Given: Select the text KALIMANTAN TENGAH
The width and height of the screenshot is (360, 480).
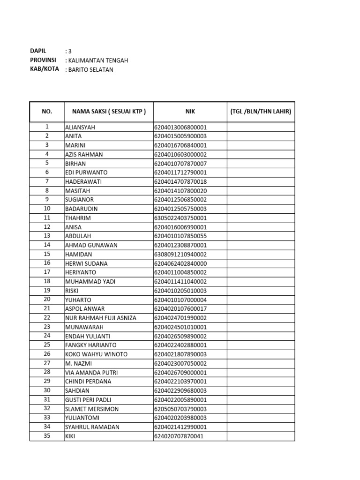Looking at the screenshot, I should click(x=98, y=60).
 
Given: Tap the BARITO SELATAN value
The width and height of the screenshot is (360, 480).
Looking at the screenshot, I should click(x=91, y=70).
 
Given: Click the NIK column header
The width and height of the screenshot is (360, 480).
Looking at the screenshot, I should click(x=190, y=112).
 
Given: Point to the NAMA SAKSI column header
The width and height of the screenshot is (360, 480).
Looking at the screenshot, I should click(x=109, y=112).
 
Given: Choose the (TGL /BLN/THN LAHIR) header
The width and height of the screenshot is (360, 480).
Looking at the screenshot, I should click(x=261, y=112).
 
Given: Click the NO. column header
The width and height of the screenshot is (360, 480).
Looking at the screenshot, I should click(x=47, y=112).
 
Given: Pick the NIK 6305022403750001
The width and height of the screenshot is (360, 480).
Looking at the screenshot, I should click(x=180, y=218).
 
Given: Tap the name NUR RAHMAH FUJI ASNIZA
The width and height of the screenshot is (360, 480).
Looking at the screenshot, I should click(x=101, y=318).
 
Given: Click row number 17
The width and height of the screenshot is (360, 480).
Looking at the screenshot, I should click(x=47, y=272).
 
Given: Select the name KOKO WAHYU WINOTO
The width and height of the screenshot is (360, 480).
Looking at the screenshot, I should click(x=96, y=354).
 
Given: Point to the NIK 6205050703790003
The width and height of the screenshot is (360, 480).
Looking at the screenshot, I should click(x=180, y=409).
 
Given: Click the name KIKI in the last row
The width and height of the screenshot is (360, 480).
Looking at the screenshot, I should click(x=70, y=436).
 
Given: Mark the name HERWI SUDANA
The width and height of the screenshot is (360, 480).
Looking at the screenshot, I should click(x=86, y=263).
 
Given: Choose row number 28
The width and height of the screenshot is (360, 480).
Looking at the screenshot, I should click(x=47, y=372).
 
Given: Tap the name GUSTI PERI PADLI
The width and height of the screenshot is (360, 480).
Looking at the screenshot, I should click(x=89, y=400).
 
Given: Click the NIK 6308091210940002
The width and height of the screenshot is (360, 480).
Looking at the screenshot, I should click(x=180, y=255).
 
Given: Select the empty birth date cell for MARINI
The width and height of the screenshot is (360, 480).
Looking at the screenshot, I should click(x=261, y=145).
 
